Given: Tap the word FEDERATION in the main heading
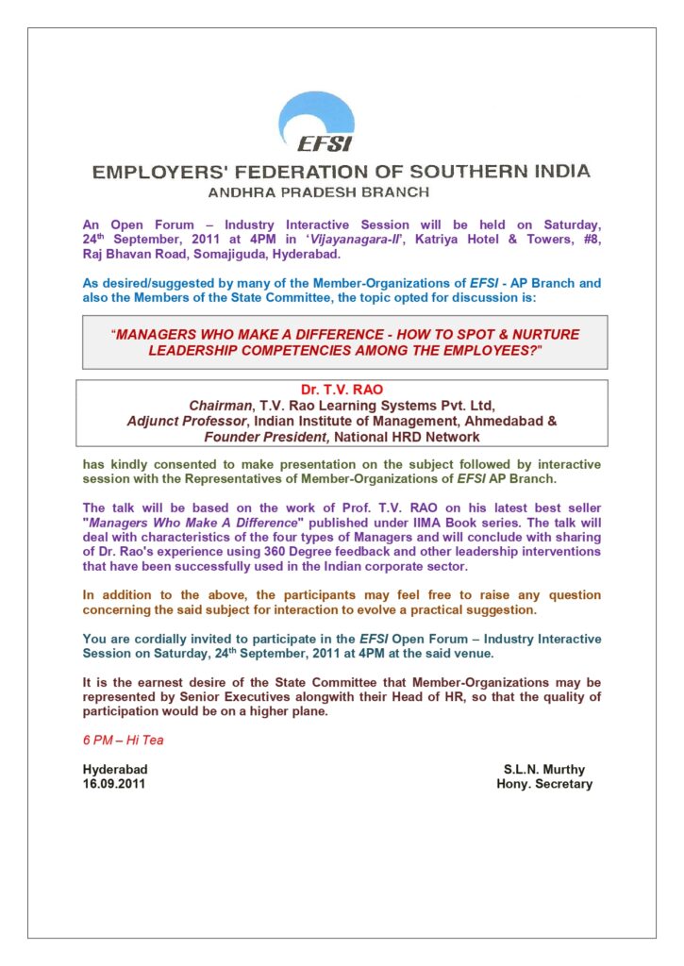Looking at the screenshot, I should (301, 172).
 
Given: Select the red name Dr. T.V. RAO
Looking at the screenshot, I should (342, 389).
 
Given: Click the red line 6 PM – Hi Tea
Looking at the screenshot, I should (123, 741).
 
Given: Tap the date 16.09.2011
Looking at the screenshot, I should (114, 784).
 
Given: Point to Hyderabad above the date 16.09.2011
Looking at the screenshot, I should (114, 770).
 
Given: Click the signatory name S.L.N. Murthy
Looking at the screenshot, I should (544, 770).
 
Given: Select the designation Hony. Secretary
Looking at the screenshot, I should (544, 784).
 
